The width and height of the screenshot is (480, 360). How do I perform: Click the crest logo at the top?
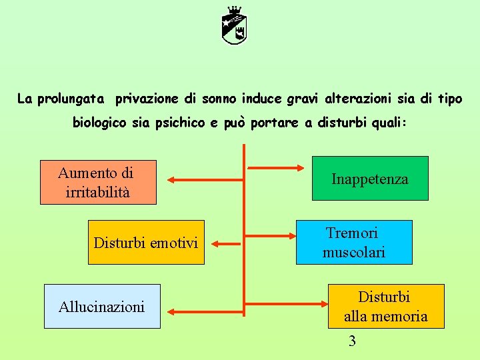tap(235, 25)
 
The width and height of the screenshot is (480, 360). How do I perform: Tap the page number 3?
tap(353, 341)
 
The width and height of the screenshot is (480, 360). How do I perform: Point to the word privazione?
tap(147, 99)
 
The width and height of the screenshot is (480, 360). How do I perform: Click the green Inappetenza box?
tap(371, 179)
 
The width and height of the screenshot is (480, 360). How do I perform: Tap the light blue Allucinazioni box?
tap(102, 307)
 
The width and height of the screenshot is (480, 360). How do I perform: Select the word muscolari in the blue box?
tap(354, 253)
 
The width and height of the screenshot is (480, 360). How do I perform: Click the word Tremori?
tap(352, 233)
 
